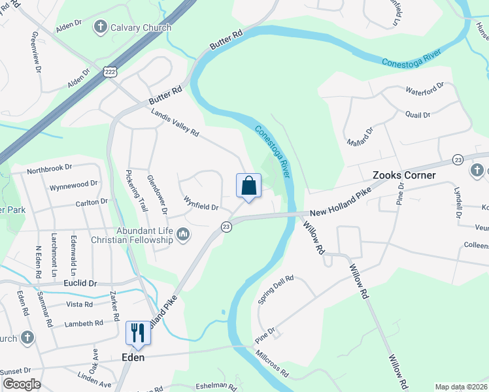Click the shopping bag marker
248,186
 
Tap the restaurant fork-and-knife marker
138,333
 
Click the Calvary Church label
141,27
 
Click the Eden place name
133,357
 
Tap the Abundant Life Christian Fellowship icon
184,234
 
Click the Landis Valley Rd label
175,122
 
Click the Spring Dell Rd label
275,289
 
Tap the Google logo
22,384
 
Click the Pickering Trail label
134,190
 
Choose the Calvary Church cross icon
100,27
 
